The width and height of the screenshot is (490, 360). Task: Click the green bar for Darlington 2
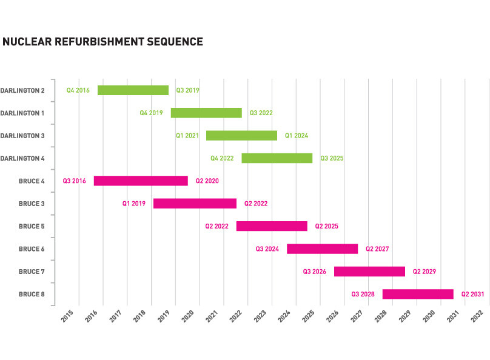133,90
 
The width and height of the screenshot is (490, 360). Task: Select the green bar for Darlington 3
241,136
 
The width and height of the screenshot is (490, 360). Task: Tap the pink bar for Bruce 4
141,181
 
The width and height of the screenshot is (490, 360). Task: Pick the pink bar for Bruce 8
418,294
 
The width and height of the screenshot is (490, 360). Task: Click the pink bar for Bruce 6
322,248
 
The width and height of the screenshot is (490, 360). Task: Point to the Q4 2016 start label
78,90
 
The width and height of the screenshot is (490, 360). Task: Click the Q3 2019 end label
187,90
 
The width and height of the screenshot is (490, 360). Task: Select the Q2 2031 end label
472,294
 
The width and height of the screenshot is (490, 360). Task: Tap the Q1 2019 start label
133,204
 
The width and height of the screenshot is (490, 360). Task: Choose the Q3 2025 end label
332,158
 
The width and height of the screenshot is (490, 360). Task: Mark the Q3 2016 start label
74,181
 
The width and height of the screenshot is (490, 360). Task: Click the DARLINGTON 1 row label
22,113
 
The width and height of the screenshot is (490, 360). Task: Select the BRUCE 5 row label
32,226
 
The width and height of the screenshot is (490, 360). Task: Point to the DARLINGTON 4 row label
22,158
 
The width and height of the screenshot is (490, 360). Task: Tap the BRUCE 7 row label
32,272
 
